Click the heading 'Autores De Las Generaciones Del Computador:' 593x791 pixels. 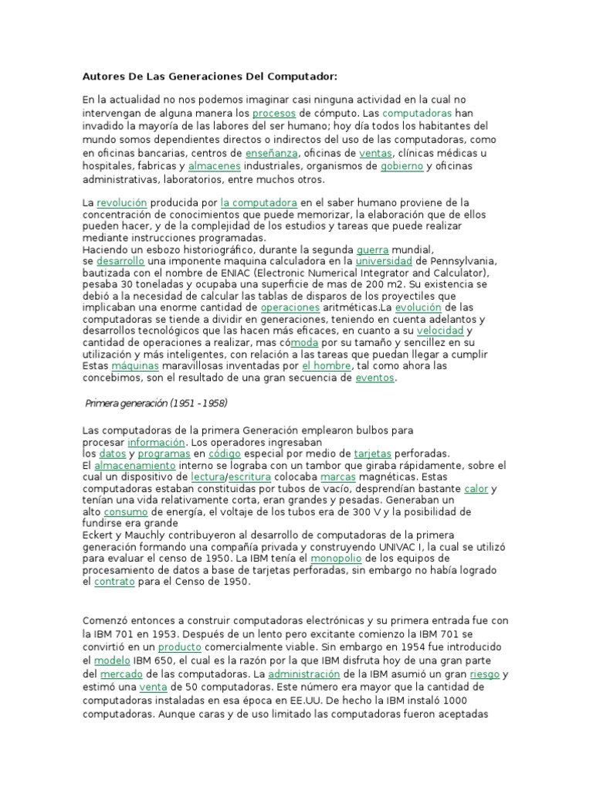(x=210, y=76)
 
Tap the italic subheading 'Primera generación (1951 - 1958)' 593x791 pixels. (x=155, y=404)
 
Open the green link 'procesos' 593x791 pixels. (x=274, y=113)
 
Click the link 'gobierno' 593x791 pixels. (x=401, y=166)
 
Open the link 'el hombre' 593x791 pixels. (x=327, y=365)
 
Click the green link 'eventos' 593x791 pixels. (x=374, y=379)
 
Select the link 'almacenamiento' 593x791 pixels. (x=135, y=466)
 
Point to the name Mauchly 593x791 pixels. (x=151, y=535)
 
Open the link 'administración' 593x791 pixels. (x=304, y=674)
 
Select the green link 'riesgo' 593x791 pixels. (x=485, y=674)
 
